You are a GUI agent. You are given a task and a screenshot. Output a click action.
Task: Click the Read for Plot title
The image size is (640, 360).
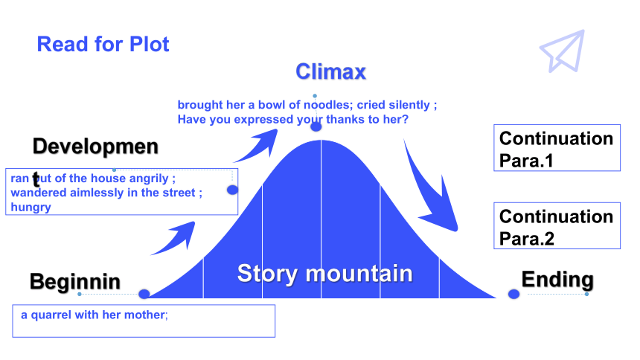coord(103,44)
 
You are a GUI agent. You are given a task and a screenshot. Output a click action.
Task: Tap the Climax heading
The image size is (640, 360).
coord(330,72)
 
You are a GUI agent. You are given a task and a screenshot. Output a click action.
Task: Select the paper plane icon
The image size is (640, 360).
coord(563,52)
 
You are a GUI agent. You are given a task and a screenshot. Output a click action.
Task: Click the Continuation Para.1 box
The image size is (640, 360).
coord(557,148)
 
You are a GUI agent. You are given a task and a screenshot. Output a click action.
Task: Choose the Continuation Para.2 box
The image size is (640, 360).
coord(557,225)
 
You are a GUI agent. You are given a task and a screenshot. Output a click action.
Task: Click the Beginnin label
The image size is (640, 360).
coord(75,282)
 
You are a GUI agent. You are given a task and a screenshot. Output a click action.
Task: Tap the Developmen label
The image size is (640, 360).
coord(95,147)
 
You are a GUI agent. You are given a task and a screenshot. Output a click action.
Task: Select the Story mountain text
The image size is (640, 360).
coord(325,274)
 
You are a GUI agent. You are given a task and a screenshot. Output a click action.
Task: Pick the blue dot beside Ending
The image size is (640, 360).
coord(513,294)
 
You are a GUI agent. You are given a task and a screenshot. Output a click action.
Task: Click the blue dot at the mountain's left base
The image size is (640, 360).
coord(144,294)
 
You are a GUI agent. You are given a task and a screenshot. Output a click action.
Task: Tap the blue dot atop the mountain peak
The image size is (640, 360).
coord(316,126)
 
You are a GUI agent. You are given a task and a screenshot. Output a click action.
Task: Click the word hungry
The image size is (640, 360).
coord(31,208)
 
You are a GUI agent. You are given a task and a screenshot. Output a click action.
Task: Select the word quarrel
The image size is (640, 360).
coord(51,315)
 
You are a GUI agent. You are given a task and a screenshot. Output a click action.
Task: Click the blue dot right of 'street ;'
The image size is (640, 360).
coord(232,190)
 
